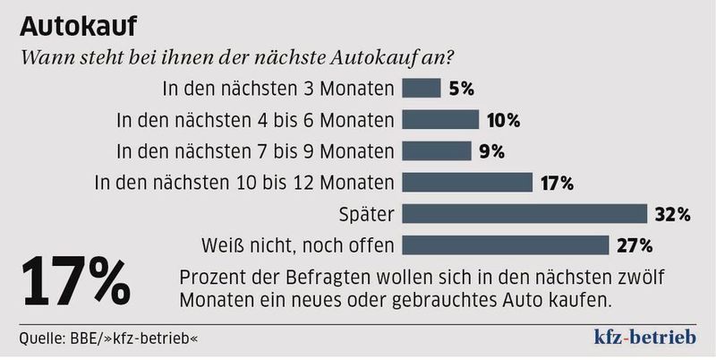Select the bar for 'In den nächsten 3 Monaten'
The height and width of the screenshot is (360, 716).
pyautogui.click(x=422, y=88)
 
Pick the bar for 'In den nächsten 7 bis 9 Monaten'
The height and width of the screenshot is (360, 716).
pyautogui.click(x=438, y=150)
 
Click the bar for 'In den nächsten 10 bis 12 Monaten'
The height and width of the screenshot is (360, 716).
pyautogui.click(x=469, y=182)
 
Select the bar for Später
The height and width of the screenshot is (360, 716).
pyautogui.click(x=525, y=213)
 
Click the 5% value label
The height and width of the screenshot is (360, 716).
pyautogui.click(x=461, y=89)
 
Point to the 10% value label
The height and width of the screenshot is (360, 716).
pyautogui.click(x=503, y=120)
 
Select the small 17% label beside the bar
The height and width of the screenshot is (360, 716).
pyautogui.click(x=557, y=183)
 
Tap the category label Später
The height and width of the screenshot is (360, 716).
pyautogui.click(x=368, y=214)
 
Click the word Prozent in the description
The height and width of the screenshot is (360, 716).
pyautogui.click(x=210, y=275)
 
